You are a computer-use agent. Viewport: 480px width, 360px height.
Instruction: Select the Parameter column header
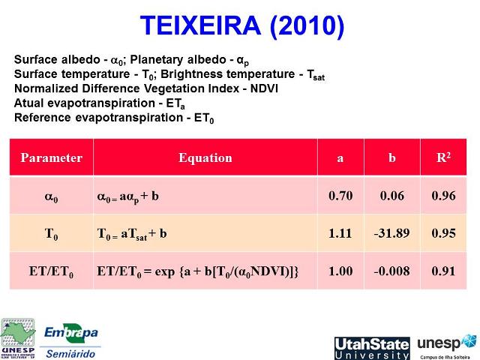(51, 158)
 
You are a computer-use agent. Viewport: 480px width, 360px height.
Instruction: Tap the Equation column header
(205, 158)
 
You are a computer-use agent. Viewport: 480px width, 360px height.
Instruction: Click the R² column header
(443, 158)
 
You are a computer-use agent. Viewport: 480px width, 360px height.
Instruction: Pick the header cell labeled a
(340, 158)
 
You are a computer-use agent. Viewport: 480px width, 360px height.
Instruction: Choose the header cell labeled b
(391, 158)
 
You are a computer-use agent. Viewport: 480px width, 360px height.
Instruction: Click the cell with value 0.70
(340, 196)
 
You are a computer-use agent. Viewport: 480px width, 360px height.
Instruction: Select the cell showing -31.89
(391, 233)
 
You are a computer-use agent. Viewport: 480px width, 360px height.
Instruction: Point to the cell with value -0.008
(391, 271)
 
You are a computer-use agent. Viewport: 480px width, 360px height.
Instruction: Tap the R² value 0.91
(443, 271)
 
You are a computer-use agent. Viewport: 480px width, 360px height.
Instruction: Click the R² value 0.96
(443, 196)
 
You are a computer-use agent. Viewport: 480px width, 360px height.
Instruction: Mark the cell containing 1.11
(340, 233)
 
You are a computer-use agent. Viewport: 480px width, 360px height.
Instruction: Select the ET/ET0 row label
(51, 271)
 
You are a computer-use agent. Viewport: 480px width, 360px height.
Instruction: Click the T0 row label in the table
(51, 234)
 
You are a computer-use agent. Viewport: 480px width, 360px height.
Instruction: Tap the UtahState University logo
(372, 348)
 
